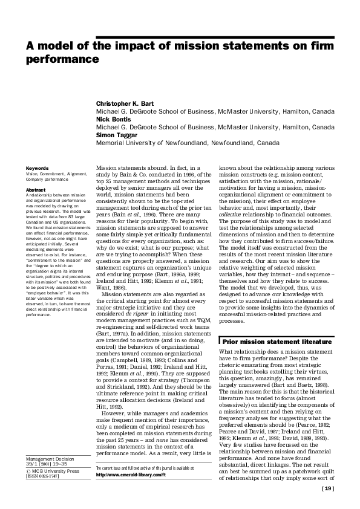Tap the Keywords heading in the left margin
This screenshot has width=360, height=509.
tap(37, 167)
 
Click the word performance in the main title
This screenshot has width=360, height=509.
tap(61, 60)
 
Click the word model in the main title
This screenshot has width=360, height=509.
tap(57, 46)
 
